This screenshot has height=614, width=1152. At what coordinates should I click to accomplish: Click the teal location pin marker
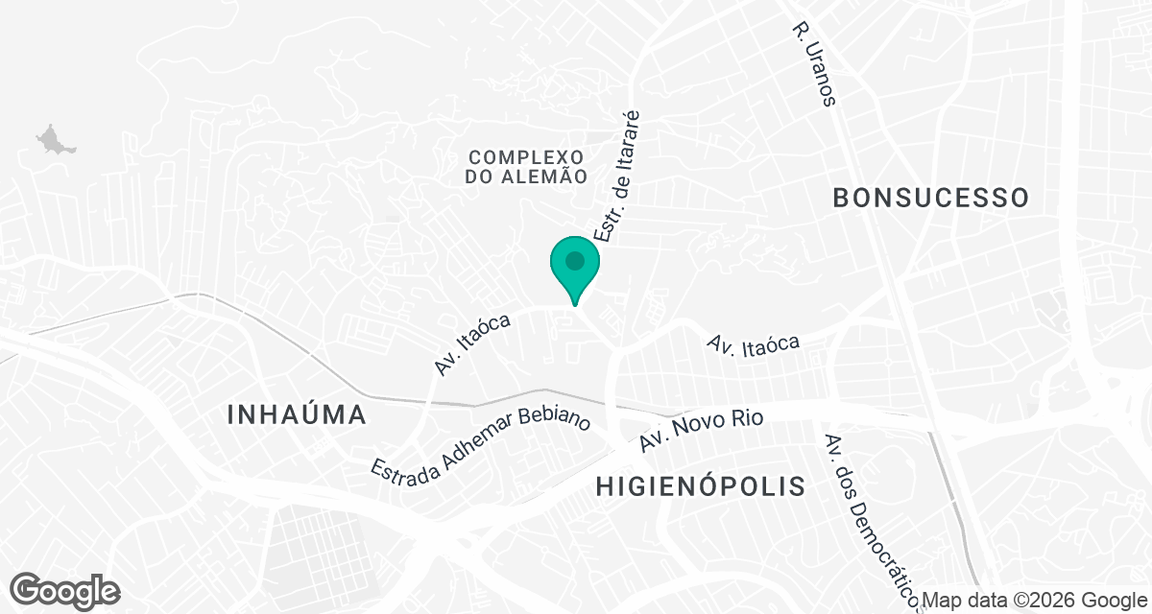[575, 268]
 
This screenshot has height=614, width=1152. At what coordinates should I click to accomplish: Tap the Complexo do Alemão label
[526, 166]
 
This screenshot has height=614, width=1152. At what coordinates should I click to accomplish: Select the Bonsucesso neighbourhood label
[930, 198]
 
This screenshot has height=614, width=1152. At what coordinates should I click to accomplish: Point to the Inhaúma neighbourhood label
[298, 415]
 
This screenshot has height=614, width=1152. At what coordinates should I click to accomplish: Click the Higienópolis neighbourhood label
[700, 486]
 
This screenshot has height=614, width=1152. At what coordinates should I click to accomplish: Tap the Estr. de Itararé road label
[617, 177]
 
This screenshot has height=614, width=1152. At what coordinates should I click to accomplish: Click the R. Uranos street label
[815, 65]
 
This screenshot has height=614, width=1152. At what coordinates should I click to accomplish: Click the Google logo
[65, 589]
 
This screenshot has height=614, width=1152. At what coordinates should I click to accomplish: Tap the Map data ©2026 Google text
[1035, 601]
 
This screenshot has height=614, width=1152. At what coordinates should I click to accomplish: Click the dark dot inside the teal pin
[575, 260]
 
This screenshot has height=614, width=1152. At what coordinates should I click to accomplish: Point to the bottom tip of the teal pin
[575, 305]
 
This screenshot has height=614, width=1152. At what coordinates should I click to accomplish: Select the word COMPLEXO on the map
[526, 155]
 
